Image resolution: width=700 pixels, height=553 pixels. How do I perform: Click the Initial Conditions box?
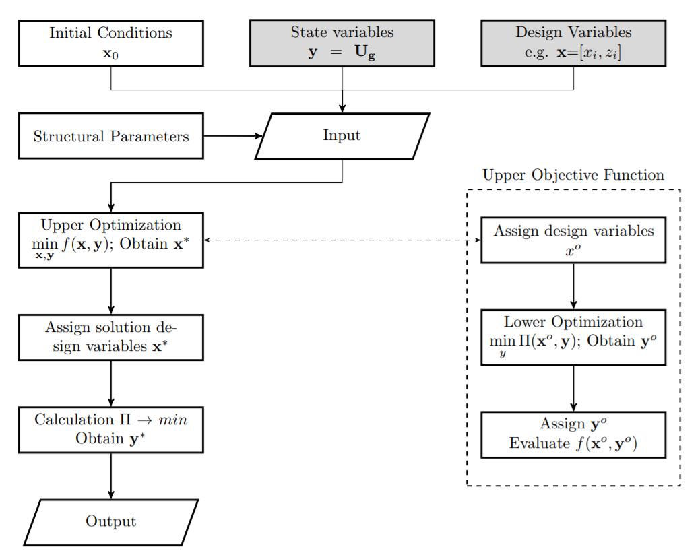(110, 43)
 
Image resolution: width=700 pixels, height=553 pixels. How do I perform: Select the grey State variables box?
(342, 43)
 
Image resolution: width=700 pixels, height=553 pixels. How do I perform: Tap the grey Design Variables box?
(573, 43)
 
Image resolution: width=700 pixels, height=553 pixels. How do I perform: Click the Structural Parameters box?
(110, 136)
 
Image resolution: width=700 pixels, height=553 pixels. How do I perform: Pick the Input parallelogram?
(342, 136)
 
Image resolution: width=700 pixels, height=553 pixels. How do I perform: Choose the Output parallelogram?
(110, 522)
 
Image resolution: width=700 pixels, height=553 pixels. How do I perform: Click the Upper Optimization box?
(110, 240)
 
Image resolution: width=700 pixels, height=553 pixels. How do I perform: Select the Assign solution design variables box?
(110, 337)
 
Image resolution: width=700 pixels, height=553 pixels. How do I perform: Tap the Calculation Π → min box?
(110, 430)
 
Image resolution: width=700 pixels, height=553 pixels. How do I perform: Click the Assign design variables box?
(573, 240)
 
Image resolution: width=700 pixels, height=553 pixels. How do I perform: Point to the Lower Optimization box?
(573, 337)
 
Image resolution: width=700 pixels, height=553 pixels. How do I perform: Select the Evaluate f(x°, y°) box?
(573, 434)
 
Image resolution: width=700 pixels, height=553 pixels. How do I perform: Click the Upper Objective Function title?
(573, 176)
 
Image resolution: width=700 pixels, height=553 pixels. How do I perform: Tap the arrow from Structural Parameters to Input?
(232, 136)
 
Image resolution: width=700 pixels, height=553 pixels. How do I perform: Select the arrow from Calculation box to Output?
(110, 476)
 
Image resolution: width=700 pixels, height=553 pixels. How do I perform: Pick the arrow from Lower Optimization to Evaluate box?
(573, 388)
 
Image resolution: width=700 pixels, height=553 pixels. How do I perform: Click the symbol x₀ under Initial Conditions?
(110, 54)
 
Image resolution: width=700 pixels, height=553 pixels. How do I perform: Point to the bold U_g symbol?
(364, 54)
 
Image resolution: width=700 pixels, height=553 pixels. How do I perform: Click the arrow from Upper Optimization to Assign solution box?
(110, 291)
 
